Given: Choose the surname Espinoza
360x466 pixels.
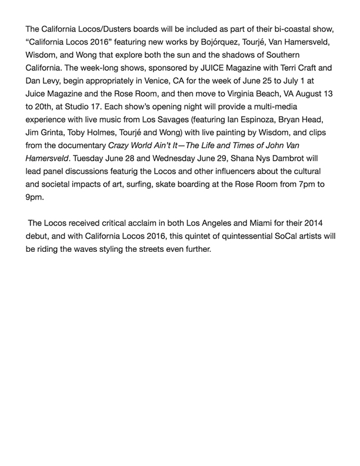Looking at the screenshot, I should coord(268,142).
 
